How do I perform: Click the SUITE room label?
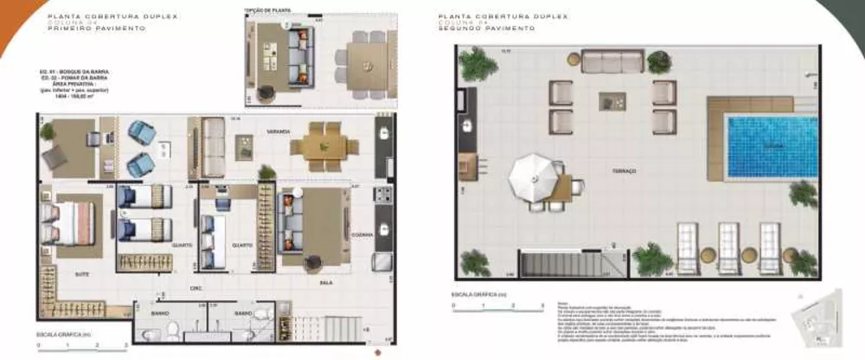(x=83, y=273)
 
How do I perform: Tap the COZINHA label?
(x=362, y=235)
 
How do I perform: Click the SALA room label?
(x=326, y=282)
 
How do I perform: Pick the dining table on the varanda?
(x=323, y=147)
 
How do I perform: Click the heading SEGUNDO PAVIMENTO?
(x=487, y=29)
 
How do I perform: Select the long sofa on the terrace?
(x=612, y=61)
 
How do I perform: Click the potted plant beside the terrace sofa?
(x=659, y=61)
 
